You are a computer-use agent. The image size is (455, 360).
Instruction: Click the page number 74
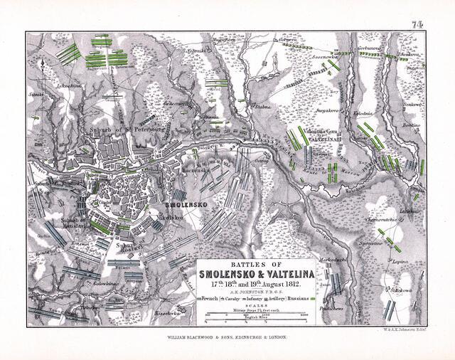coord(417,24)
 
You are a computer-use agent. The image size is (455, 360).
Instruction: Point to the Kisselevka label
coord(170,312)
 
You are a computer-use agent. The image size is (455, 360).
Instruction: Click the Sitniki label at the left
coord(34,92)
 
